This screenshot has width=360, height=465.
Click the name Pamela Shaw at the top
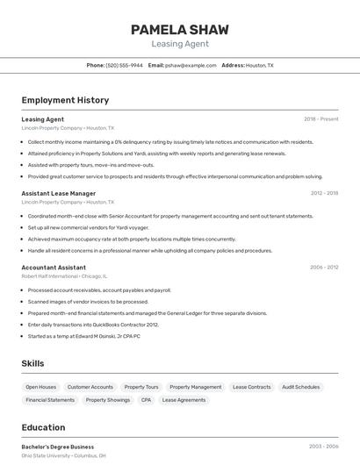pyautogui.click(x=180, y=29)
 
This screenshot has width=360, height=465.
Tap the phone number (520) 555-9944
pyautogui.click(x=124, y=65)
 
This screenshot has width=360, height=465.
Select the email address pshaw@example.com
pyautogui.click(x=191, y=65)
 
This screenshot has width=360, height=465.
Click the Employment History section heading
pyautogui.click(x=65, y=100)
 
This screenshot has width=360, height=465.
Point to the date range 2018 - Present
pyautogui.click(x=320, y=118)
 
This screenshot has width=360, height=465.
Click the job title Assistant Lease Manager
pyautogui.click(x=59, y=193)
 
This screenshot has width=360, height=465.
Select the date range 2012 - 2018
pyautogui.click(x=324, y=193)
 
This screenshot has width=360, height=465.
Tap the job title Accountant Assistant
pyautogui.click(x=54, y=267)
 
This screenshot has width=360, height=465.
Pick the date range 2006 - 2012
pyautogui.click(x=324, y=267)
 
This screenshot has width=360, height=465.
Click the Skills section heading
pyautogui.click(x=33, y=363)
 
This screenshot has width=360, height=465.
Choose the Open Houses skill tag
pyautogui.click(x=40, y=387)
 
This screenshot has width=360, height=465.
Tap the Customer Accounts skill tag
pyautogui.click(x=90, y=387)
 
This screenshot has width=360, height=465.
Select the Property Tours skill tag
pyautogui.click(x=141, y=387)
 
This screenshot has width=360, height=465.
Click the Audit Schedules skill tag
pyautogui.click(x=301, y=387)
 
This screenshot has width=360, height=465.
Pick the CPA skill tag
pyautogui.click(x=146, y=400)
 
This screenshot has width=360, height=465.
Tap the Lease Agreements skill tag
pyautogui.click(x=184, y=400)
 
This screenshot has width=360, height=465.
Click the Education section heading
pyautogui.click(x=43, y=427)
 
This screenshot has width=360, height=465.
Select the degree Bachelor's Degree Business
pyautogui.click(x=58, y=447)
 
